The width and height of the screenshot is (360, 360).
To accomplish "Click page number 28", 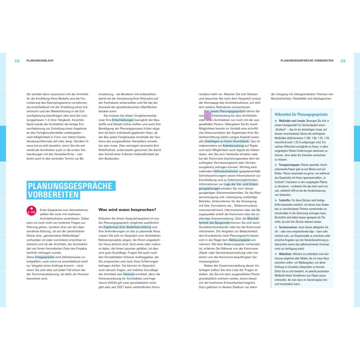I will tap(17, 61).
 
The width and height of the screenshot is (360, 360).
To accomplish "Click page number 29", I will tap(343, 61).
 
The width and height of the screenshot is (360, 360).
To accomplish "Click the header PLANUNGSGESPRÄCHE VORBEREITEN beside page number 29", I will tap(307, 61).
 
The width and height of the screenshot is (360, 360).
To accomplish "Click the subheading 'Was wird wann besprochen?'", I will tap(127, 210).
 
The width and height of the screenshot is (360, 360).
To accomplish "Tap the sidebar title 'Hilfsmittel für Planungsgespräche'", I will tap(301, 115).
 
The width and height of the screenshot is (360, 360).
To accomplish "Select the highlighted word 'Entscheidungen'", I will tap(123, 120).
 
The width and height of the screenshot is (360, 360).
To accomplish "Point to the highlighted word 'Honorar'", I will tap(129, 274).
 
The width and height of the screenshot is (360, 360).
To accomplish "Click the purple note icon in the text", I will tap(207, 115).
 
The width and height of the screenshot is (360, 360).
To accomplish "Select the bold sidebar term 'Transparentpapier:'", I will tap(289, 165).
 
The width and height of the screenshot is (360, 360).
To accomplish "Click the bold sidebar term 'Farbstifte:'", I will tap(284, 200).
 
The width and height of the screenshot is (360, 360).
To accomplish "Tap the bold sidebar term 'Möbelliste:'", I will tap(284, 253).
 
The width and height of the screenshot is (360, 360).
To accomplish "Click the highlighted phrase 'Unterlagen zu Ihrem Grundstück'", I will tap(226, 141).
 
